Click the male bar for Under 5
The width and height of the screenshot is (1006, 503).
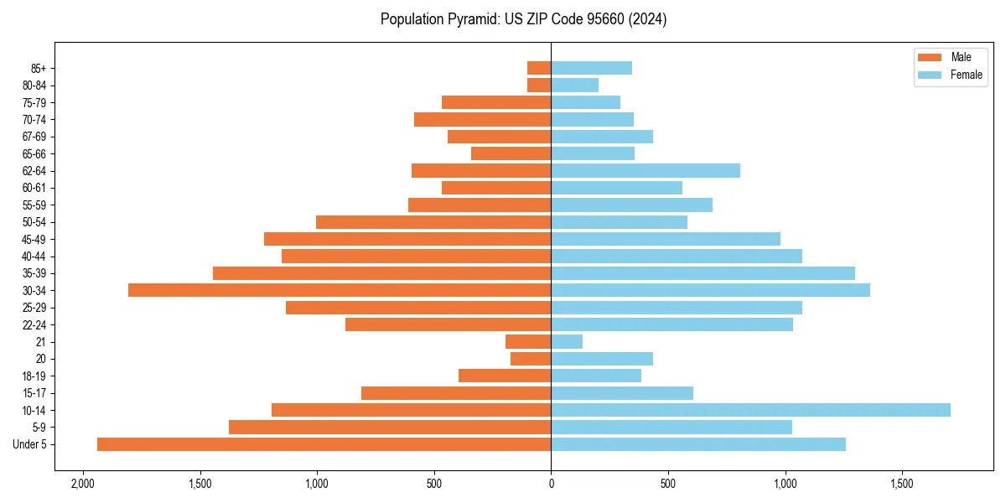tap(324, 444)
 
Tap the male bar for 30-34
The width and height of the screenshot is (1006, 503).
tap(340, 290)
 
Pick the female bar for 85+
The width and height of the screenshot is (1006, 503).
tap(591, 68)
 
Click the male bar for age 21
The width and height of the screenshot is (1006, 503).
tap(528, 341)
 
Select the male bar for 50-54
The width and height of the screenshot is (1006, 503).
tap(433, 222)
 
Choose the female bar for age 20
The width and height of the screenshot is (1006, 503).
tap(602, 359)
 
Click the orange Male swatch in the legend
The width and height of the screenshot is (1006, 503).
tap(930, 57)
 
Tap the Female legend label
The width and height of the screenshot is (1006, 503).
tap(966, 75)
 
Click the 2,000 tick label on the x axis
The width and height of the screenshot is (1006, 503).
tap(82, 485)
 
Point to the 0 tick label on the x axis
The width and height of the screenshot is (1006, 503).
tap(551, 485)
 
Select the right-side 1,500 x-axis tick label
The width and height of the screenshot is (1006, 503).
tap(902, 485)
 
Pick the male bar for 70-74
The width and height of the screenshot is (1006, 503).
tap(482, 119)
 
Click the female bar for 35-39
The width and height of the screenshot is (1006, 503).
tap(703, 273)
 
